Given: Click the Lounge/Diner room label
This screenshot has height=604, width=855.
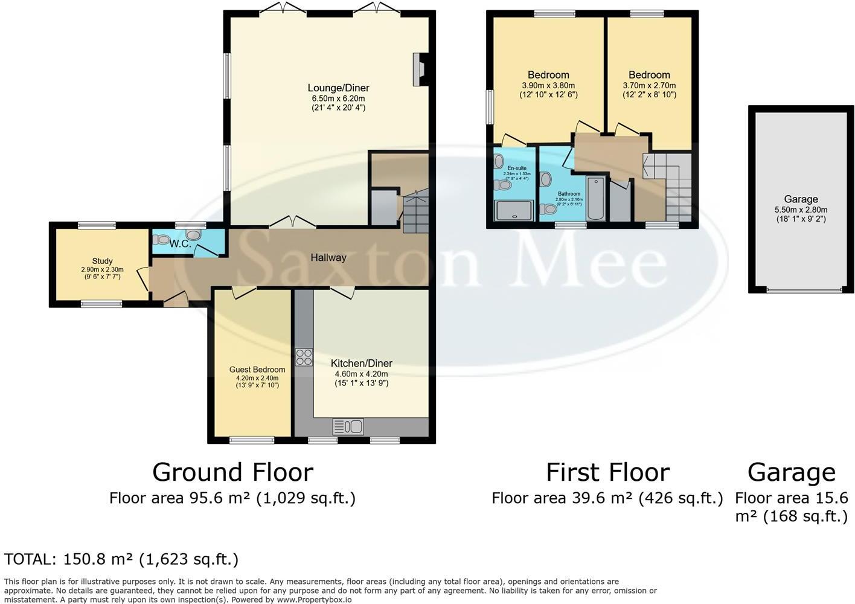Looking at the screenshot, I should click(x=340, y=88).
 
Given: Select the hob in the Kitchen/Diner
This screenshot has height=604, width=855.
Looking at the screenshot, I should click(x=304, y=357).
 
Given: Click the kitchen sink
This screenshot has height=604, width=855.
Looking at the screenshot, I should click(x=348, y=427).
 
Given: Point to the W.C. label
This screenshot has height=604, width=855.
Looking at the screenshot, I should click(x=180, y=244).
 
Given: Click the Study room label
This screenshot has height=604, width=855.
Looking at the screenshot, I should click(x=102, y=262).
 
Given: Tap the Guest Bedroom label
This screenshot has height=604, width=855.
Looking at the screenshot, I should click(x=257, y=370).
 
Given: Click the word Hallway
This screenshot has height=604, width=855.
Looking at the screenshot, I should click(x=328, y=258).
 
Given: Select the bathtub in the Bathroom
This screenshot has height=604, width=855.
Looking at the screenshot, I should click(x=596, y=199).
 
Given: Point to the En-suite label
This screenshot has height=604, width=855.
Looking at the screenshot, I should click(x=516, y=168).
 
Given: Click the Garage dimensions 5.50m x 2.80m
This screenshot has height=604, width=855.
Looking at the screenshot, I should click(x=801, y=210).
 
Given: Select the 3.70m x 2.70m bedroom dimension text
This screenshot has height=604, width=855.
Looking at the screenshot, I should click(x=649, y=86).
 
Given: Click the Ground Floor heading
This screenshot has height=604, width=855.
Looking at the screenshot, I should click(x=232, y=472).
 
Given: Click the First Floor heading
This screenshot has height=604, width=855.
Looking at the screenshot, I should click(x=607, y=472).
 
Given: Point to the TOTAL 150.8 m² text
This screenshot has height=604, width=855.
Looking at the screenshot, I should click(x=121, y=559).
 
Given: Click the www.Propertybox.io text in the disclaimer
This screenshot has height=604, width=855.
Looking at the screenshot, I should click(x=314, y=600).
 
